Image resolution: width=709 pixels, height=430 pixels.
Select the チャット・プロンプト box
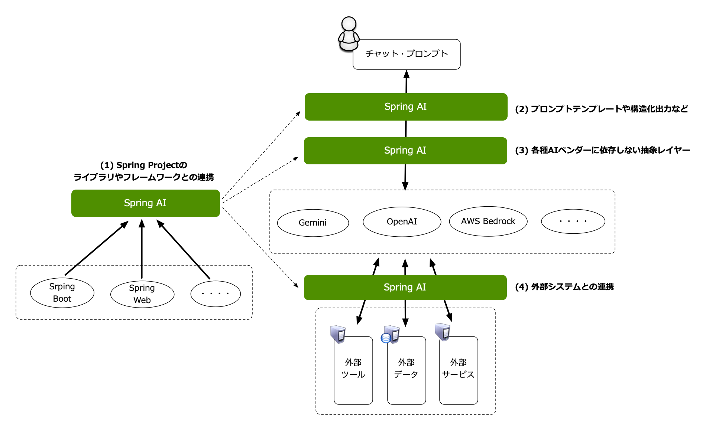coord(407,54)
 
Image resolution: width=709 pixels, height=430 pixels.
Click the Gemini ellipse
coord(313,223)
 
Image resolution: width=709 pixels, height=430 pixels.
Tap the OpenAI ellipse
coord(402,221)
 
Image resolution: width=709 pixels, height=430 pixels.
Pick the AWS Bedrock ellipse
coord(488,221)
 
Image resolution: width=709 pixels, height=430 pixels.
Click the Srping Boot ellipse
coord(62,293)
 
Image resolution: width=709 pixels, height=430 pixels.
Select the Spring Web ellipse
coord(142,294)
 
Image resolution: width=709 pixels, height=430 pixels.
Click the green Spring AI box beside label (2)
coord(406,107)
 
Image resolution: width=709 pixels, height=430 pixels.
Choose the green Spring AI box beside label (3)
coord(405,151)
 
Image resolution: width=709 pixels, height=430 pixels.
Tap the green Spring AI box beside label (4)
coord(405,287)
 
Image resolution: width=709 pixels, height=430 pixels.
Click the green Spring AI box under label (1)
coord(145,203)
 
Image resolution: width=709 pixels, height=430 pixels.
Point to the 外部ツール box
coord(353,370)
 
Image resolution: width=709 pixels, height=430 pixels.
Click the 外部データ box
coord(407,370)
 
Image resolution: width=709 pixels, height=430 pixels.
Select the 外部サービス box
coord(458,370)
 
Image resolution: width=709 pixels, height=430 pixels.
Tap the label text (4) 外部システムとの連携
coord(564,287)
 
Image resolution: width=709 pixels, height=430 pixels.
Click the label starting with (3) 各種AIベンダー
coord(602,150)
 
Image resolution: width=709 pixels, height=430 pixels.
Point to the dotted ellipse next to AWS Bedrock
coord(573,221)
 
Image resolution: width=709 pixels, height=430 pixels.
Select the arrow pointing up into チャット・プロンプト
coord(406,81)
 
